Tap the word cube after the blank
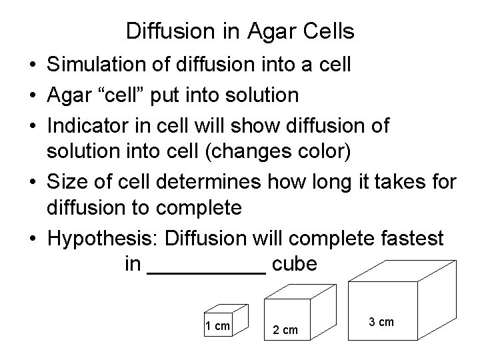pos(295,265)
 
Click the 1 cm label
pos(217,326)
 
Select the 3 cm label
pos(381,322)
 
